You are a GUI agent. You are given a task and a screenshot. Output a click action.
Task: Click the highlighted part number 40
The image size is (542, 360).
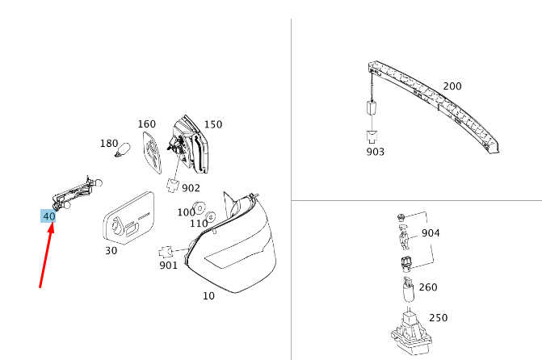pyautogui.click(x=48, y=216)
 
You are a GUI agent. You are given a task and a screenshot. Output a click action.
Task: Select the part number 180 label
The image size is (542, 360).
pyautogui.click(x=108, y=143)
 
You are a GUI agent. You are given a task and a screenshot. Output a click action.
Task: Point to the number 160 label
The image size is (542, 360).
pyautogui.click(x=146, y=124)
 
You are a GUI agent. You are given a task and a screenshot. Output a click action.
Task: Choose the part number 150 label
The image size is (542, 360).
pyautogui.click(x=212, y=124)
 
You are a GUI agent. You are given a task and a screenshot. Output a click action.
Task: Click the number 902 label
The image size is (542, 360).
pyautogui.click(x=191, y=188)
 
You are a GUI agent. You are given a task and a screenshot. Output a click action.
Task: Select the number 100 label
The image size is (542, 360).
pyautogui.click(x=186, y=211)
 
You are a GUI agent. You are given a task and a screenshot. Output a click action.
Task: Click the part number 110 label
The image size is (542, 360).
pyautogui.click(x=199, y=224)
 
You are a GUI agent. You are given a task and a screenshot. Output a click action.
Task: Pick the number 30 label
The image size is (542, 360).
pyautogui.click(x=111, y=250)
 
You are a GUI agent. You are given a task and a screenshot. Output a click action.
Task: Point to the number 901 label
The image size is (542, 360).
pyautogui.click(x=168, y=265)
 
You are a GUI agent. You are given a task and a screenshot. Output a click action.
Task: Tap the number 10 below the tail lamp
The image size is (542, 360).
pyautogui.click(x=208, y=295)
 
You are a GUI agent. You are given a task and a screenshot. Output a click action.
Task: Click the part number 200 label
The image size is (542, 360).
pyautogui.click(x=452, y=86)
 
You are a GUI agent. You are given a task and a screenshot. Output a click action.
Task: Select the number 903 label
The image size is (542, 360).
pyautogui.click(x=375, y=151)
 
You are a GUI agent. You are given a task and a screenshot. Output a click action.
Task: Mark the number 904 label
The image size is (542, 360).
pyautogui.click(x=431, y=233)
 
